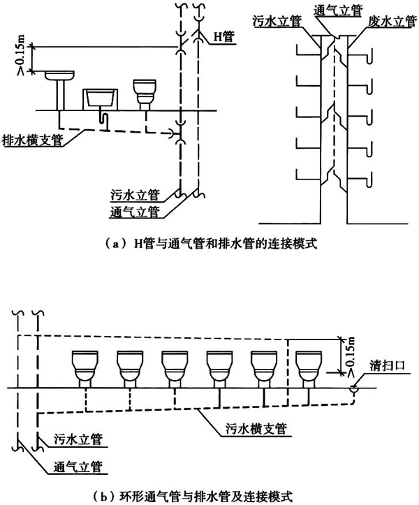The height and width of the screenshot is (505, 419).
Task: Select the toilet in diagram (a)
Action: (x=146, y=94)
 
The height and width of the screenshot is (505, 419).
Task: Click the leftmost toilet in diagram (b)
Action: (x=85, y=368)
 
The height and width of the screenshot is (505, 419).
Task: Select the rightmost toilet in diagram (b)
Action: (x=309, y=368)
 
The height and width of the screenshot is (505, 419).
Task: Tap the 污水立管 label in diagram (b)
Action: (x=78, y=440)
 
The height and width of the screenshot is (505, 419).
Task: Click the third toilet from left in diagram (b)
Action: (x=175, y=368)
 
